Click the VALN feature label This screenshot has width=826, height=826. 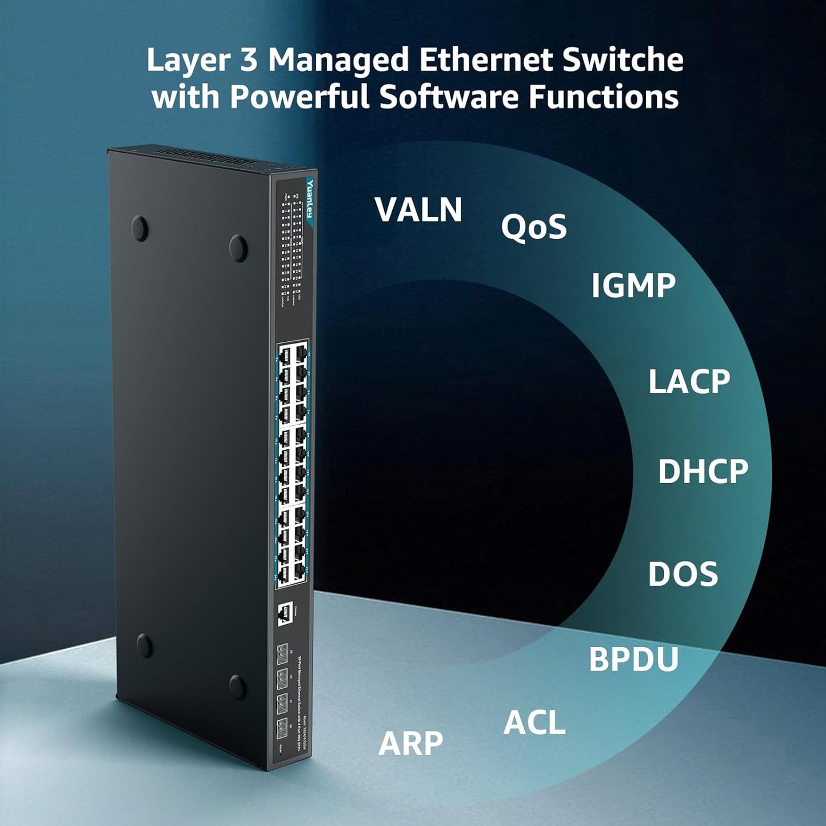(418, 210)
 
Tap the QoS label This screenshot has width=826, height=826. (533, 227)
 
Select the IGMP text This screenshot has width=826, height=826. (633, 286)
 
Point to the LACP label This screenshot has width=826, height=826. (689, 382)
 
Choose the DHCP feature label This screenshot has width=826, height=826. (703, 472)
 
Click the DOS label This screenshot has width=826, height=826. (683, 574)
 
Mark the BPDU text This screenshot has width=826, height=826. (633, 659)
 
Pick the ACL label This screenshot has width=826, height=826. (534, 723)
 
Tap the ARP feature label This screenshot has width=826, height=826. (410, 744)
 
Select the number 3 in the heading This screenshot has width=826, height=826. (249, 61)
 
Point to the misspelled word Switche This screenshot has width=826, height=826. (623, 61)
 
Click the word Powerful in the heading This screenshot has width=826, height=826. (300, 97)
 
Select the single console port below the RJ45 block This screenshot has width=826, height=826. (284, 614)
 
